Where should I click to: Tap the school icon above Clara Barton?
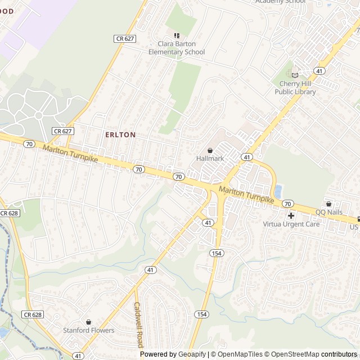(x=177, y=35)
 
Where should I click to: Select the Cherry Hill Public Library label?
(x=298, y=88)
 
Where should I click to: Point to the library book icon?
(x=295, y=75)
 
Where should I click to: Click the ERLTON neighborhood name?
(x=120, y=135)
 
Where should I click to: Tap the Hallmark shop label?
(x=210, y=159)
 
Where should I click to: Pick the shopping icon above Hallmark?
(x=210, y=150)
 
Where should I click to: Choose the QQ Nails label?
(x=328, y=212)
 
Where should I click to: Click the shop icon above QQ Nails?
(x=328, y=204)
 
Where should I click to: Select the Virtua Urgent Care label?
(x=291, y=224)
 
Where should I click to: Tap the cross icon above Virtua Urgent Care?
(x=291, y=215)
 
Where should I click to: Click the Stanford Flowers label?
(x=88, y=330)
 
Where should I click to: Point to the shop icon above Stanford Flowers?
(x=88, y=322)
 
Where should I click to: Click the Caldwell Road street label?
(x=139, y=325)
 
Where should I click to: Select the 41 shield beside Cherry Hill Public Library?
(x=319, y=71)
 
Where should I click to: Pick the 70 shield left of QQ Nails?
(x=287, y=203)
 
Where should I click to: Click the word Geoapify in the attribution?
(x=192, y=354)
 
